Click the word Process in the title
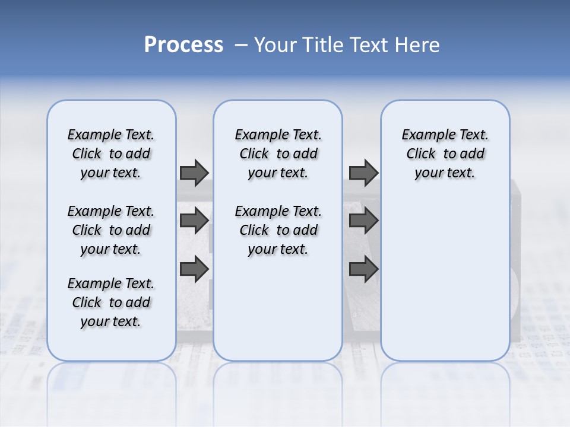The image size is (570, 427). [183, 45]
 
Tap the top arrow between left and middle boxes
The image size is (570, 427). [194, 173]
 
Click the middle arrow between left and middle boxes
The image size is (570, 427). [194, 221]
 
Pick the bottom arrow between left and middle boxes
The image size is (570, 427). [194, 269]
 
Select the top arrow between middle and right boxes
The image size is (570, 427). [363, 173]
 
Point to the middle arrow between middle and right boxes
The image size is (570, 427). [363, 221]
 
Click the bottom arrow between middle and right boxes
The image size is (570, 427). [363, 269]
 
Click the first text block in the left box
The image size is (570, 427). [111, 154]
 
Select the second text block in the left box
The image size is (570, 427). [111, 230]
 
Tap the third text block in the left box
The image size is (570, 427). [111, 302]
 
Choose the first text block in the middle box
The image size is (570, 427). [278, 154]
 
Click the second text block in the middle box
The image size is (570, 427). [278, 230]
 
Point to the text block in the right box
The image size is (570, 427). [445, 154]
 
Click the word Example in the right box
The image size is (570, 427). [425, 135]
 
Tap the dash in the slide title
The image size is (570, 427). [242, 45]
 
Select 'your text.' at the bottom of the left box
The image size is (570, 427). [111, 321]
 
